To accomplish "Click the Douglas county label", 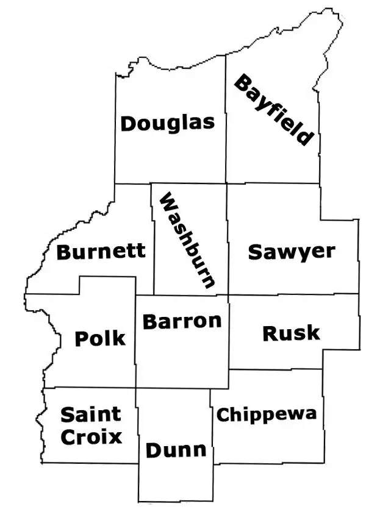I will click(x=168, y=123).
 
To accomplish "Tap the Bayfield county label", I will click(x=274, y=110).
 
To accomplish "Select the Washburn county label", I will click(x=186, y=241).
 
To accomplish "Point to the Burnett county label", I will click(x=101, y=251).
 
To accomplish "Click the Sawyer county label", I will click(x=292, y=252).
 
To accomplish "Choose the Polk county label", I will click(x=100, y=338).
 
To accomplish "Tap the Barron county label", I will click(x=182, y=321).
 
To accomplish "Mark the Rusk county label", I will click(x=291, y=333).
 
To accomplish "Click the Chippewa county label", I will click(x=267, y=415).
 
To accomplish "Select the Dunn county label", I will click(x=176, y=450).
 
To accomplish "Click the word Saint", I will click(x=91, y=415).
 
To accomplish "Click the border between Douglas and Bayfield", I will click(x=226, y=122).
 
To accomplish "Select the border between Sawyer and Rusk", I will click(x=293, y=294).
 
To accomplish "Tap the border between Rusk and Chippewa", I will click(x=274, y=369).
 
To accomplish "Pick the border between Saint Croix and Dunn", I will click(x=138, y=427).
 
